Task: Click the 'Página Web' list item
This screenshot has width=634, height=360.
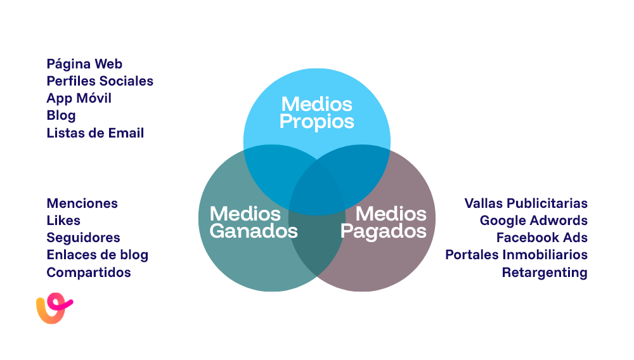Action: coord(84,64)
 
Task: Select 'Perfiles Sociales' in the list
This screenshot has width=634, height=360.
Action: coord(100,81)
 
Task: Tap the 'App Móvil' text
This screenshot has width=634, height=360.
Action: coord(79,98)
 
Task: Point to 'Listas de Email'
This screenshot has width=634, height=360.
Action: coord(95,133)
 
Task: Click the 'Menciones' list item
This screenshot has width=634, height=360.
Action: coord(82,203)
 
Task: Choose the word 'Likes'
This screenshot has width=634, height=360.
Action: coord(63,221)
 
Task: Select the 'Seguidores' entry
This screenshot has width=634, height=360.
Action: coord(83,238)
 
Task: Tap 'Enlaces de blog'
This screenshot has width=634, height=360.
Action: coord(97,255)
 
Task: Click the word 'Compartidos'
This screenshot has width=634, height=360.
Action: coord(89,273)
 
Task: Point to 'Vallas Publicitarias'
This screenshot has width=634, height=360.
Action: coord(526,203)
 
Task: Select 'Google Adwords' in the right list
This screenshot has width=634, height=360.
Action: coord(533,221)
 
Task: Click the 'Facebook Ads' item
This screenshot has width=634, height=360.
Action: coord(541,238)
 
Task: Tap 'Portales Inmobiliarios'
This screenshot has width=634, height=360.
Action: coord(516,255)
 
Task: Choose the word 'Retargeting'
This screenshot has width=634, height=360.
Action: coord(545,273)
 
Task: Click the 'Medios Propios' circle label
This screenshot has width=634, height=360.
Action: coord(316,112)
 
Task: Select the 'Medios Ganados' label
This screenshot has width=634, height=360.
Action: coord(254,222)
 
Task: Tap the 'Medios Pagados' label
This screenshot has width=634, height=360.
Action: coord(384,222)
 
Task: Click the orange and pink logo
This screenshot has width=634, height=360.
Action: coord(54,309)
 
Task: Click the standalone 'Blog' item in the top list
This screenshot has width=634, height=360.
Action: coord(61,115)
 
